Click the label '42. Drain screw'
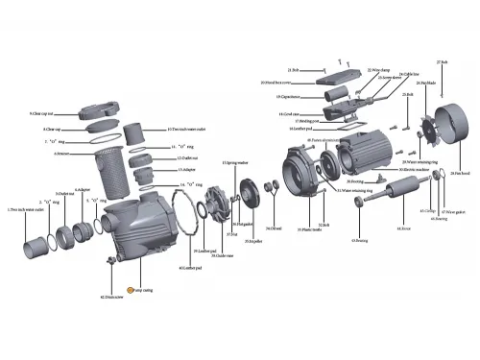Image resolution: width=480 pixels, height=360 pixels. coord(115,299)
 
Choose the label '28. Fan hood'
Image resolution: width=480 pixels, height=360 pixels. coord(458,173)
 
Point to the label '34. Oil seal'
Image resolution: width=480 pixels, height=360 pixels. coord(274,228)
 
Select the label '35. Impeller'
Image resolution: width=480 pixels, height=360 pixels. coord(253,241)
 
